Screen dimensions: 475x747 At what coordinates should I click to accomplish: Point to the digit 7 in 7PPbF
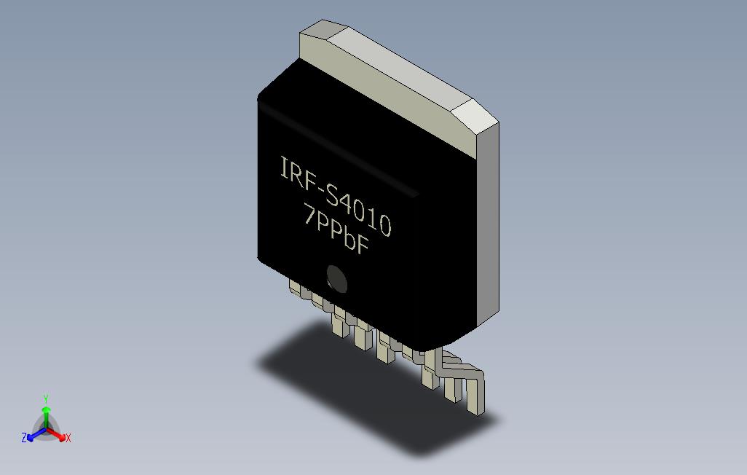(310, 216)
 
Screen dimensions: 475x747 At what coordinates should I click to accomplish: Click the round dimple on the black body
(336, 278)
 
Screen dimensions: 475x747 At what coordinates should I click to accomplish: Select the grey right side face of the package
(487, 226)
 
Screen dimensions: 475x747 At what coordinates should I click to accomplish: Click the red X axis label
(68, 438)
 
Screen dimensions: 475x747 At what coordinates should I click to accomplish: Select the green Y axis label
(46, 399)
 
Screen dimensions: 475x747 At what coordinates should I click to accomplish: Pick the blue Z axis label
(24, 437)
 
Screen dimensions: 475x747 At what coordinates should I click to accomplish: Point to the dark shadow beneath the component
(349, 379)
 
